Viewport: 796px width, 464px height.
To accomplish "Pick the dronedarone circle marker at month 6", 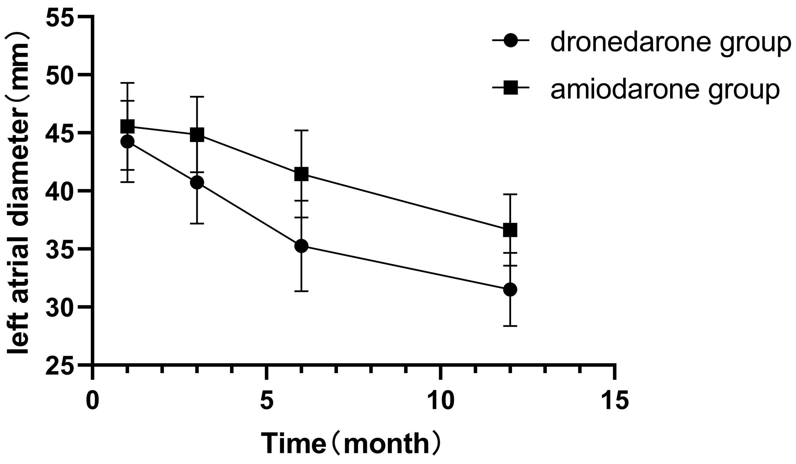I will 302,246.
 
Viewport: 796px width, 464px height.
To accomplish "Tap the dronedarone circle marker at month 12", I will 510,289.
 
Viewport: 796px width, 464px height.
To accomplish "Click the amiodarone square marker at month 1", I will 128,126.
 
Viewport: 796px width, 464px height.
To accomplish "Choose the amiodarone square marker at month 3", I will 197,135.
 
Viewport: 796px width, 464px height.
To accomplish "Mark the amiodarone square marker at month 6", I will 302,174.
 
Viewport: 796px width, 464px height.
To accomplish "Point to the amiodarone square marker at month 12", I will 510,230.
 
